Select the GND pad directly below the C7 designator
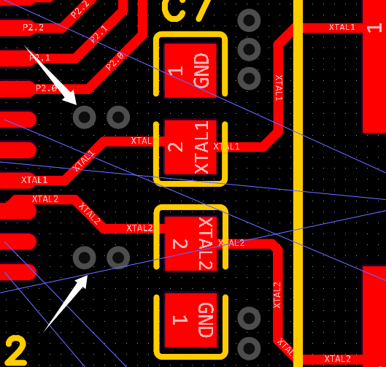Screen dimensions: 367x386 pos(190,70)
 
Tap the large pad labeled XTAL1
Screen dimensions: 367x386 pos(190,147)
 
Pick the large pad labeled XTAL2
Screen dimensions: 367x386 pos(190,243)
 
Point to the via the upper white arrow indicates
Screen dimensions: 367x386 pos(85,116)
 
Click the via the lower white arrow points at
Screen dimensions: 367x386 pos(85,257)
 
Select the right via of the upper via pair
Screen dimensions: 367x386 pos(118,116)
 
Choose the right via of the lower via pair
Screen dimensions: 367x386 pos(118,257)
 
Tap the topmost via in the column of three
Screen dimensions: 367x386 pos(250,20)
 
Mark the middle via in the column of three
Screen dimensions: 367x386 pos(250,49)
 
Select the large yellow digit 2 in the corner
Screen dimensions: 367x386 pos(15,351)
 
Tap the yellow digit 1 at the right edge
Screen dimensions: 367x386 pos(374,28)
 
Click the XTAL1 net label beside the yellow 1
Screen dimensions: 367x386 pos(341,28)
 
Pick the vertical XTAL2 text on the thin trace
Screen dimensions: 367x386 pos(277,295)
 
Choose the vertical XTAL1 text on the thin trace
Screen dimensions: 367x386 pos(278,88)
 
